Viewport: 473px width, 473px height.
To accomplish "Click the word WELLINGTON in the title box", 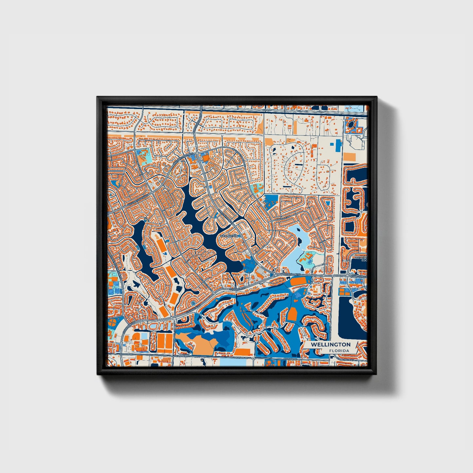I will [x=330, y=345].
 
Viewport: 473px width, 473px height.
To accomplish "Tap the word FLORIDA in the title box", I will [x=339, y=351].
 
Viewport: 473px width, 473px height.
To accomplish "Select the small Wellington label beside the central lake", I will [x=229, y=236].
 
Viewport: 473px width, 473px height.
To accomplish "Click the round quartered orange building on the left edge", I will [x=112, y=321].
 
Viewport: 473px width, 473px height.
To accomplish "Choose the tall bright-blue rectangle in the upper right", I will [x=338, y=143].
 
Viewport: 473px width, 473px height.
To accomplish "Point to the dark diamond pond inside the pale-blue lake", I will [x=300, y=241].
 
